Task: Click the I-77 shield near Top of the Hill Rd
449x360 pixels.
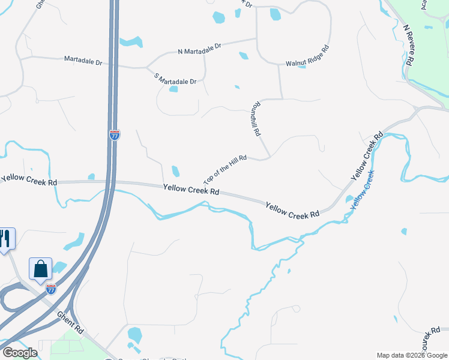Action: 114,135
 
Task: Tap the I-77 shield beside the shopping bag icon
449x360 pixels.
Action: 51,289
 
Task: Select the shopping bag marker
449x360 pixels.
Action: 40,269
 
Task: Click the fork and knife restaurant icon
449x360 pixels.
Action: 5,239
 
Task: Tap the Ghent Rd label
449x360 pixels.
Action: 70,322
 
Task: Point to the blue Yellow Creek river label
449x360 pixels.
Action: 362,189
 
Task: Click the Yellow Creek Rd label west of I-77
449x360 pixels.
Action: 29,180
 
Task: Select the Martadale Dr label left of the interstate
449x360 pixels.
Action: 82,61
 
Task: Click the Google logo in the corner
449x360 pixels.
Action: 19,353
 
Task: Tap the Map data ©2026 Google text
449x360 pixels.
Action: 412,355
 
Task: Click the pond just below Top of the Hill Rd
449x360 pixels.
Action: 175,171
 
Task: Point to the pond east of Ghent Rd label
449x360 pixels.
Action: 134,335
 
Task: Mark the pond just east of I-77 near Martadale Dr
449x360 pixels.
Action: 130,42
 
